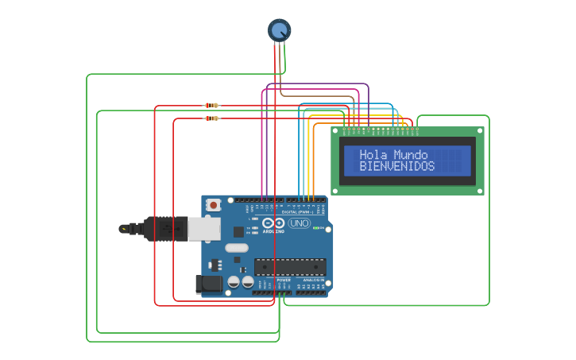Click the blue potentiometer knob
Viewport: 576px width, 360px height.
pyautogui.click(x=279, y=30)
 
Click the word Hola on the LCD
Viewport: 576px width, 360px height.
pyautogui.click(x=373, y=155)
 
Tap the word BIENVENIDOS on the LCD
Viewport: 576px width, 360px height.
pyautogui.click(x=397, y=167)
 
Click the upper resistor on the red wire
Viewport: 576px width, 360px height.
pyautogui.click(x=211, y=105)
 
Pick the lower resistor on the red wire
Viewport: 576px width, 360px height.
pyautogui.click(x=211, y=118)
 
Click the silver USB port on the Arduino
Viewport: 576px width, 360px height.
pyautogui.click(x=203, y=229)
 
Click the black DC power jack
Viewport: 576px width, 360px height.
pyautogui.click(x=209, y=284)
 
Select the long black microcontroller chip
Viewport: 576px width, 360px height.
pyautogui.click(x=290, y=267)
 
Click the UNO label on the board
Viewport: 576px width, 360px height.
pyautogui.click(x=300, y=223)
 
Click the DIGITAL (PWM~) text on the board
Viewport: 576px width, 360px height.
pyautogui.click(x=297, y=212)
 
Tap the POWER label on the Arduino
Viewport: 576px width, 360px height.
pyautogui.click(x=284, y=281)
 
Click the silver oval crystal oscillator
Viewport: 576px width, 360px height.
pyautogui.click(x=237, y=247)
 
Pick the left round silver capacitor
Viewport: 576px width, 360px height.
pyautogui.click(x=234, y=282)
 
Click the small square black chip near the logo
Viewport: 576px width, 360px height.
pyautogui.click(x=238, y=231)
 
